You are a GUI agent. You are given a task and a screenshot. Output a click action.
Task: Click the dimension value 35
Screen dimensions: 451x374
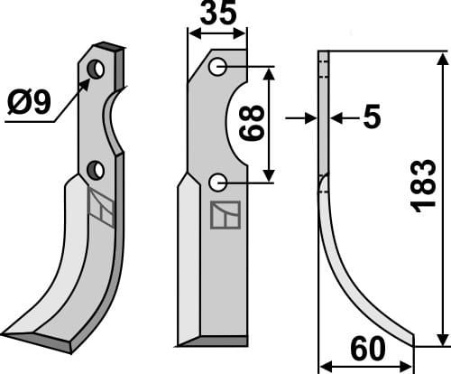[x=218, y=13]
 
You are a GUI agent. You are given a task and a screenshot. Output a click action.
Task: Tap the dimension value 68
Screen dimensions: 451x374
[x=252, y=123]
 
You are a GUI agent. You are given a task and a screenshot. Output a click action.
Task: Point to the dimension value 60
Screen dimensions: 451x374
[x=368, y=349]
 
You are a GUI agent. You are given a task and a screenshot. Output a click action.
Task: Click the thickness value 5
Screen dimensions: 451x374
[x=372, y=117]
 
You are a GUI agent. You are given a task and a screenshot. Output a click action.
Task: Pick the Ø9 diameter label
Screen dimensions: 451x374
[x=29, y=103]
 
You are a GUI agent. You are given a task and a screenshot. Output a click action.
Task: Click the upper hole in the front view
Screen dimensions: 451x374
[x=218, y=67]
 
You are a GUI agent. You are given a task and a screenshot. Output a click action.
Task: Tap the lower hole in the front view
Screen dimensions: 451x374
[x=218, y=182]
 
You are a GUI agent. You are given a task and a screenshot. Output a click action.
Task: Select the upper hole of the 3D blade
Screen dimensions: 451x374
[x=96, y=70]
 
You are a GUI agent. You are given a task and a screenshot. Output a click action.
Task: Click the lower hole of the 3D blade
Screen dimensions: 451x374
[x=96, y=171]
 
